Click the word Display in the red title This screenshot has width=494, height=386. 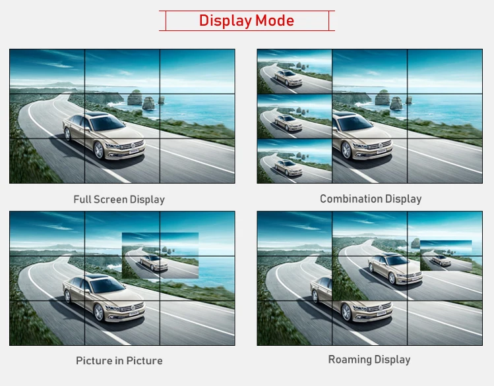pyautogui.click(x=226, y=21)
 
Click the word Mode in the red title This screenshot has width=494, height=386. pyautogui.click(x=275, y=21)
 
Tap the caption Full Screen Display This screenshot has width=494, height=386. pyautogui.click(x=119, y=200)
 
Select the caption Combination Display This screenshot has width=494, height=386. pyautogui.click(x=371, y=199)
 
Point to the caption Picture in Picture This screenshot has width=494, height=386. pyautogui.click(x=119, y=360)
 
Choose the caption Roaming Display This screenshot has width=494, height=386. pyautogui.click(x=369, y=360)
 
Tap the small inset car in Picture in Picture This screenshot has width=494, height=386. pyautogui.click(x=154, y=263)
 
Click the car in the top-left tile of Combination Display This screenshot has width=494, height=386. pyautogui.click(x=288, y=78)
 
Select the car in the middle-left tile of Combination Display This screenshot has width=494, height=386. pyautogui.click(x=288, y=123)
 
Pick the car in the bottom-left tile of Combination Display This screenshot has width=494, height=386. pyautogui.click(x=288, y=168)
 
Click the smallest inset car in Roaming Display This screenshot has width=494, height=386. pyautogui.click(x=441, y=260)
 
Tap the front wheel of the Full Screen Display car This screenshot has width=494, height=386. pyautogui.click(x=99, y=150)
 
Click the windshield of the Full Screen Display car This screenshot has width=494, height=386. pyautogui.click(x=107, y=123)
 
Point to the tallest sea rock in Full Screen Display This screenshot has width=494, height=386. pyautogui.click(x=135, y=97)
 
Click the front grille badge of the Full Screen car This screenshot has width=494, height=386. pyautogui.click(x=133, y=146)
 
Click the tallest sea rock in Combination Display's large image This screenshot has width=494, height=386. pyautogui.click(x=383, y=97)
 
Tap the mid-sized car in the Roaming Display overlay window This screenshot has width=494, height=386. pyautogui.click(x=395, y=269)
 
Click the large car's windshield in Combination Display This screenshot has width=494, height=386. pyautogui.click(x=355, y=123)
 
